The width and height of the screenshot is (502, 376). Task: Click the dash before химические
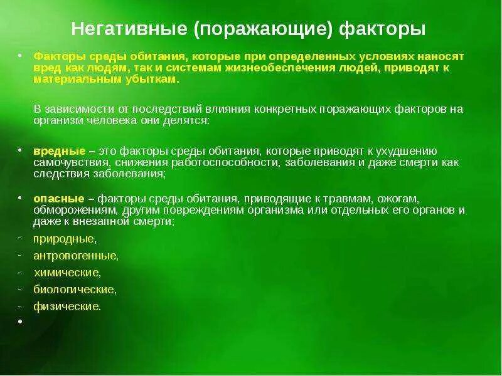click(19, 272)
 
